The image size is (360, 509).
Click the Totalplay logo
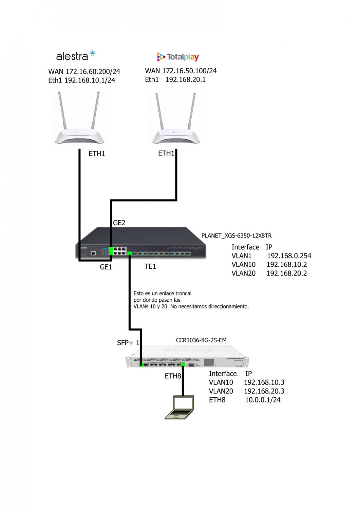click(178, 57)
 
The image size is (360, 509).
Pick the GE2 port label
click(119, 223)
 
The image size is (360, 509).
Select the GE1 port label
click(106, 267)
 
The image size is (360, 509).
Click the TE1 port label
click(150, 266)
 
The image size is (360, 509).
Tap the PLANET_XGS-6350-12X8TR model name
click(236, 235)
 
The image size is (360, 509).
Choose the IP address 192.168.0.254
click(289, 256)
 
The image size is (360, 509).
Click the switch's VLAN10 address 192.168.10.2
click(287, 265)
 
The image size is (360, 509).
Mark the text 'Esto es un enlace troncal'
click(163, 293)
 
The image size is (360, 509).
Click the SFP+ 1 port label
click(128, 343)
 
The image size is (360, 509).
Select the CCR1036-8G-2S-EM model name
click(201, 340)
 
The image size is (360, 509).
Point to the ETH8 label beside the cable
click(173, 376)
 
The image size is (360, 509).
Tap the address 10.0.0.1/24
click(263, 400)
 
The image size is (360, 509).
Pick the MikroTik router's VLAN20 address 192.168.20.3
click(264, 391)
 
